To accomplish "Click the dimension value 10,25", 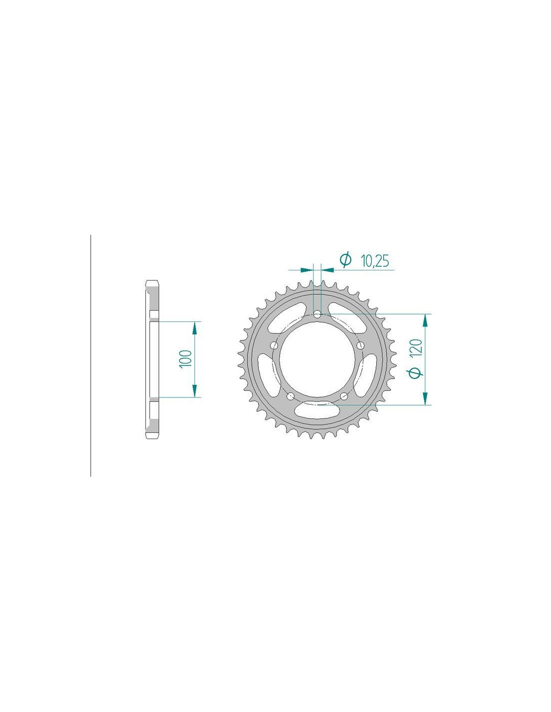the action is coord(374,261).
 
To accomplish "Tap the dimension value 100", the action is coord(185,359).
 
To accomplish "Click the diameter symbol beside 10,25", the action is coord(346,260).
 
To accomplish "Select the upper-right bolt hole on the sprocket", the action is coord(360,345).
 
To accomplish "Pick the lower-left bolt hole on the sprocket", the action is coord(290,397).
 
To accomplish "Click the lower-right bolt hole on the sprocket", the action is coord(344,397).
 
